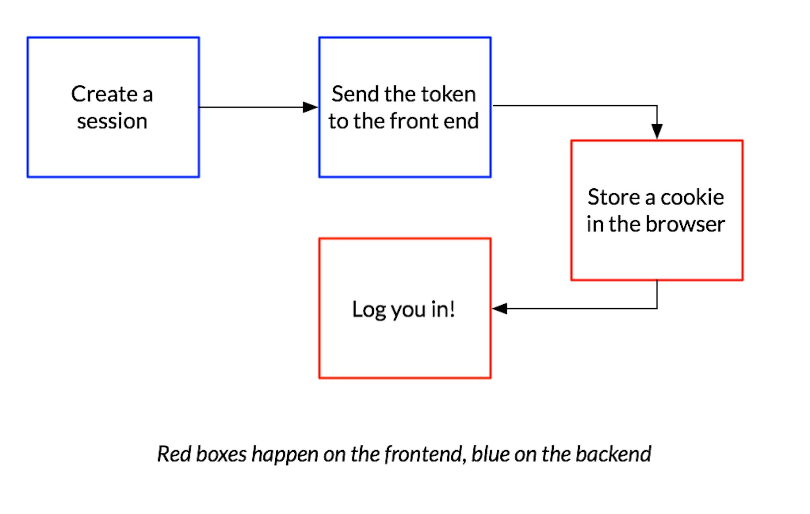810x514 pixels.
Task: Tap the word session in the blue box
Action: point(112,121)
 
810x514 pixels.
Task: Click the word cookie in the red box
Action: point(692,197)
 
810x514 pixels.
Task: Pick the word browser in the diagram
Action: point(685,224)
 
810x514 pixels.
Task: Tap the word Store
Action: point(614,197)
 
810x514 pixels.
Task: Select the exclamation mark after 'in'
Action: point(452,309)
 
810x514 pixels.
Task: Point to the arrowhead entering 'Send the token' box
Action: point(310,107)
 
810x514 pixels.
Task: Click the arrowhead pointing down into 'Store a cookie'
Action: point(657,131)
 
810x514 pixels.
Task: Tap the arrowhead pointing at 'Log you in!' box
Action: point(500,309)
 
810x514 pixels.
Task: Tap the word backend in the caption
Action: point(613,454)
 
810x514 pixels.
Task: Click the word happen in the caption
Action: point(285,455)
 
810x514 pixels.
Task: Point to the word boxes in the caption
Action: point(221,454)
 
